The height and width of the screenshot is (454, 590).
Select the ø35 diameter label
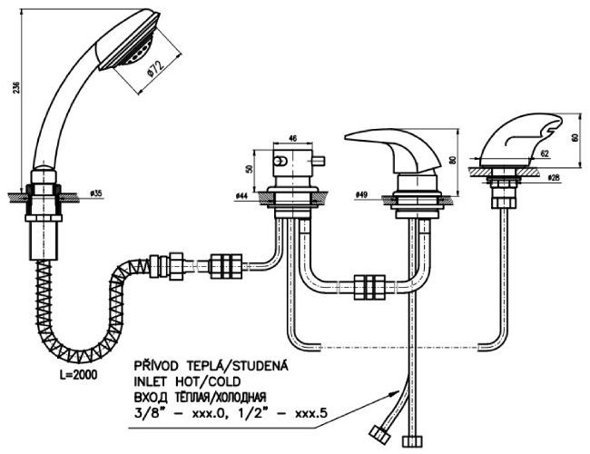point(96,193)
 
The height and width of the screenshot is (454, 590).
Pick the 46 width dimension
point(292,138)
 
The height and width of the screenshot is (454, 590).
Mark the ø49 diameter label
point(360,194)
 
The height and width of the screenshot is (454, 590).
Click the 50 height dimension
point(250,169)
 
